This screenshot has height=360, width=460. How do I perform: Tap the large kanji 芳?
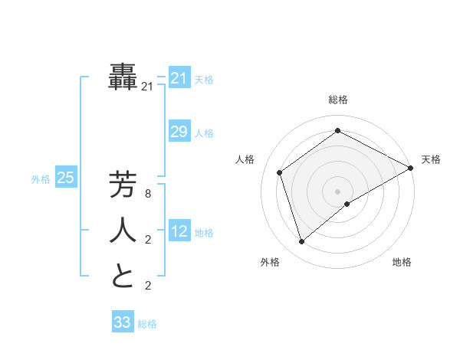(123, 185)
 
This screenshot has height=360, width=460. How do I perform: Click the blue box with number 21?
(179, 78)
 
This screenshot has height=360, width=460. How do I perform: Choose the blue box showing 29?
(179, 132)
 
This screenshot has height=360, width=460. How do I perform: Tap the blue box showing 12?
(179, 231)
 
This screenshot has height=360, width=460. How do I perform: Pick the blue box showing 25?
(65, 178)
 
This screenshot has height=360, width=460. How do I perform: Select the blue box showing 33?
(122, 322)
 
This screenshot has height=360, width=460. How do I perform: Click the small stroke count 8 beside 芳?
(148, 195)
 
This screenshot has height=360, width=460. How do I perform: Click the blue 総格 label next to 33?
(147, 324)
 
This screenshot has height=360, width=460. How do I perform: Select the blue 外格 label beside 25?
(41, 180)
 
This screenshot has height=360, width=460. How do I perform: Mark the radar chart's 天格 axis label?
(431, 160)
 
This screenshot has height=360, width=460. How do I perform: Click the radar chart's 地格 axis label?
(402, 262)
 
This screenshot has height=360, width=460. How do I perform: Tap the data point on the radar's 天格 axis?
(411, 168)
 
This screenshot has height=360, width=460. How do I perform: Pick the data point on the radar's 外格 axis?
(301, 242)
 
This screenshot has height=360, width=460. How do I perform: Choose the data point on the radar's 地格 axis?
(347, 204)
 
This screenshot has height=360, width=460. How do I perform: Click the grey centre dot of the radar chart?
(337, 191)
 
